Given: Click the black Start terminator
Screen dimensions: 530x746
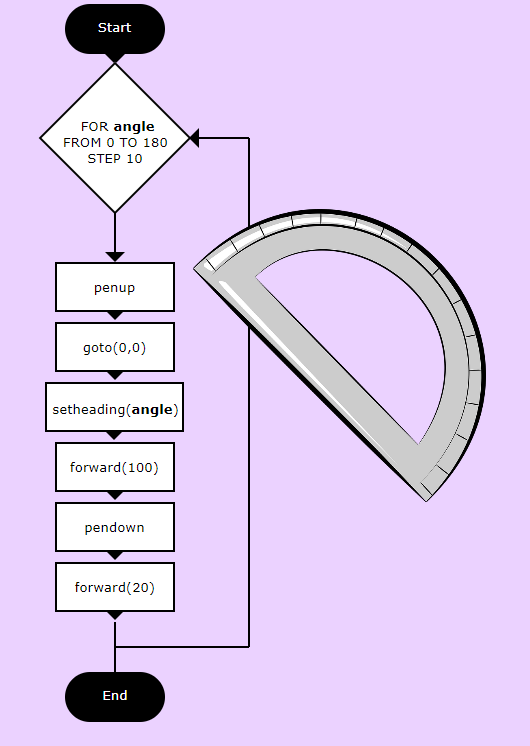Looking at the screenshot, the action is [x=115, y=29].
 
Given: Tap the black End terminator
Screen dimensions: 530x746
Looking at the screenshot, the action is [x=115, y=697].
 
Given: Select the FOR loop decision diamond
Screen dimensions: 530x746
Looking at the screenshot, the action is [x=115, y=138].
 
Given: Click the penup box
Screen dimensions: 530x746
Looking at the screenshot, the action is [x=115, y=287].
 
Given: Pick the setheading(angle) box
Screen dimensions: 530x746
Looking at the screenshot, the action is [x=115, y=407].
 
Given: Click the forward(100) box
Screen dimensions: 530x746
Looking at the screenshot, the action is [x=115, y=467].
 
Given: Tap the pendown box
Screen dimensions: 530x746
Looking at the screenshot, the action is [x=115, y=527].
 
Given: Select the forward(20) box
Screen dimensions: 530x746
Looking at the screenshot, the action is [x=115, y=587].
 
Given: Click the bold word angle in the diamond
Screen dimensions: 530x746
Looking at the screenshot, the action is [x=134, y=127].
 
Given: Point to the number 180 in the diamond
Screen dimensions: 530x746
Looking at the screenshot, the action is [x=155, y=143].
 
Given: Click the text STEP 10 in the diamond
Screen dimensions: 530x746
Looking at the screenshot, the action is [x=115, y=158].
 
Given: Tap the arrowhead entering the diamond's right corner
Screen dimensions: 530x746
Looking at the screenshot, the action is [x=194, y=138].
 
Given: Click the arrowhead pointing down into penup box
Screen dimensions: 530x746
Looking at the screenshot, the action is [x=115, y=257].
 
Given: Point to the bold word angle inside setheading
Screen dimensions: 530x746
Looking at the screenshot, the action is [x=152, y=410].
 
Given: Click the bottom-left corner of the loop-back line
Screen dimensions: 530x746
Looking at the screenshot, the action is [x=115, y=647].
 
